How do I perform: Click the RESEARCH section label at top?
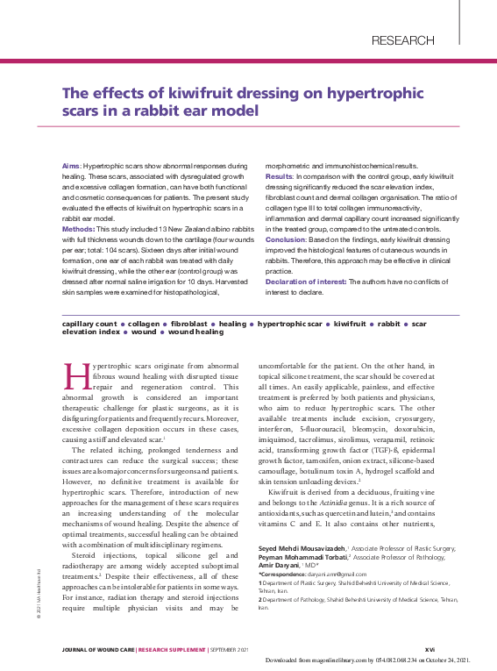(x=402, y=40)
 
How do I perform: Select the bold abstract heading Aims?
(x=70, y=166)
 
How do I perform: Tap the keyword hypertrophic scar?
(x=290, y=324)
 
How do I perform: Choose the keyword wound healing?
(x=195, y=332)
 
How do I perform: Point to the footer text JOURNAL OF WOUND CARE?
(x=99, y=650)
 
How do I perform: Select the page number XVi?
(x=430, y=650)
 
